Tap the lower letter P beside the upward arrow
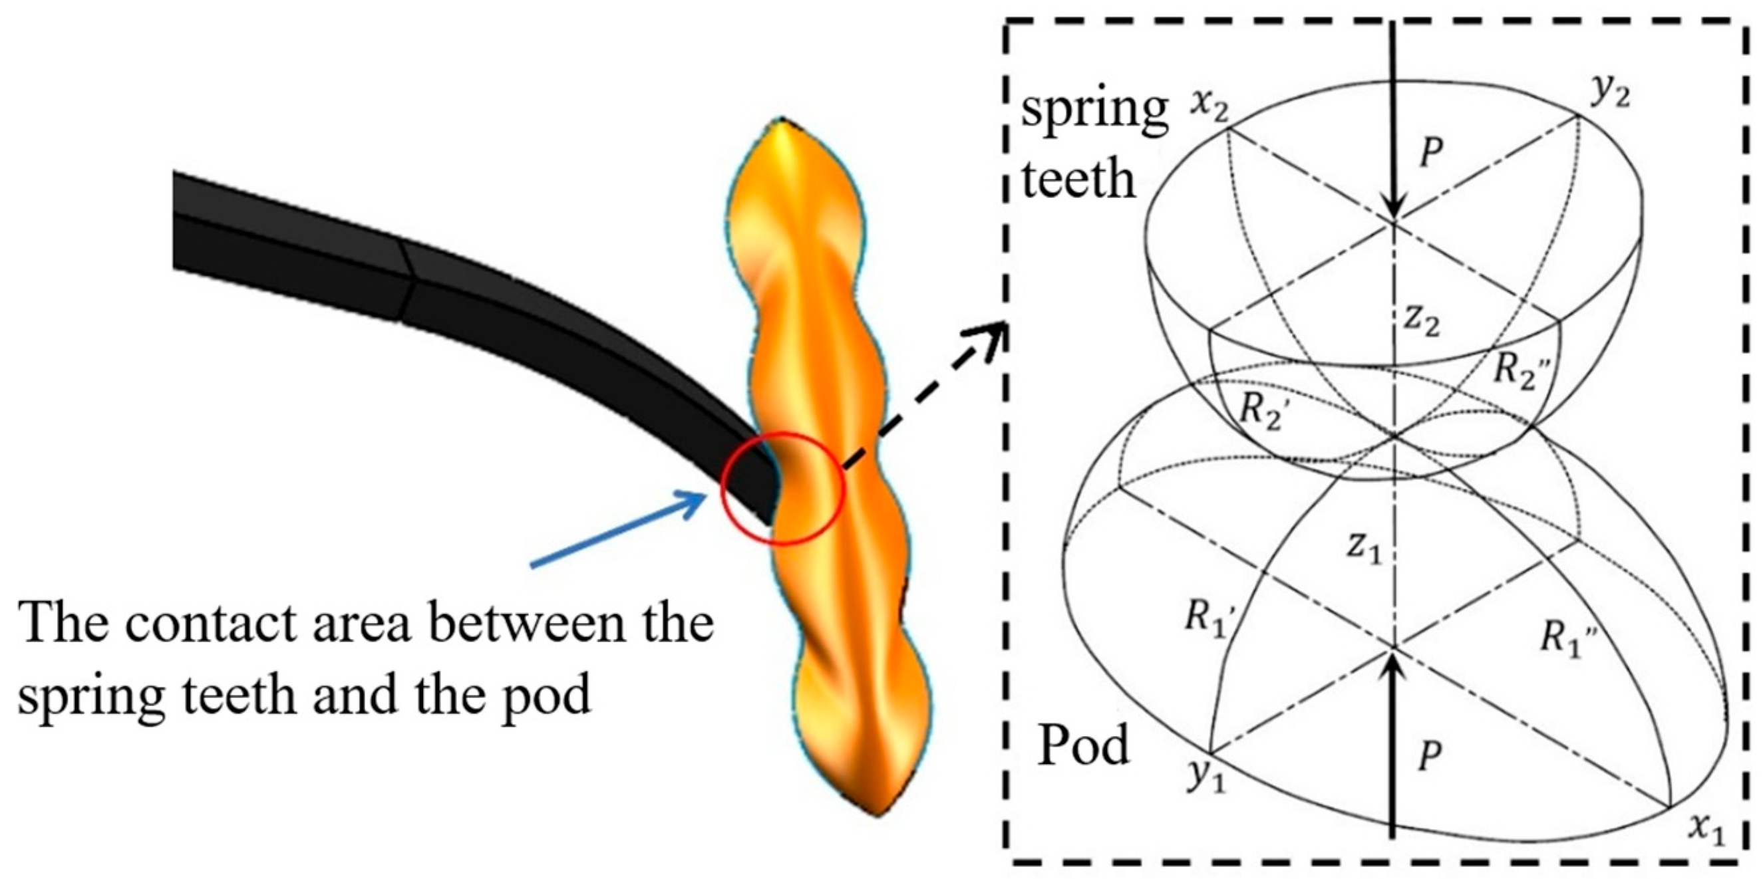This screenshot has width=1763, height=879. point(1428,757)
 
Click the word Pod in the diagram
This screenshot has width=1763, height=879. point(1083,745)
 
